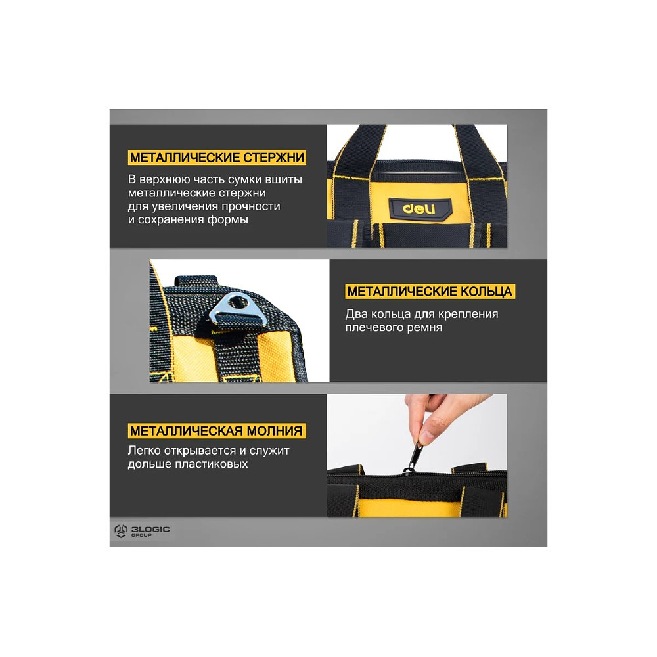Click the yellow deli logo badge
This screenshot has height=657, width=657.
420,209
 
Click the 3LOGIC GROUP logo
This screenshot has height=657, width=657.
142,530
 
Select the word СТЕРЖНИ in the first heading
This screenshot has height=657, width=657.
274,158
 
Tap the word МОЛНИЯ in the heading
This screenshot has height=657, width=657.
275,431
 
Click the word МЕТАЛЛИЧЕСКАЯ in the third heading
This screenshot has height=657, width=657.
187,431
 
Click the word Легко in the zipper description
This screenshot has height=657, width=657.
144,451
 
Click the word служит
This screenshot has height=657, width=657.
269,451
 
